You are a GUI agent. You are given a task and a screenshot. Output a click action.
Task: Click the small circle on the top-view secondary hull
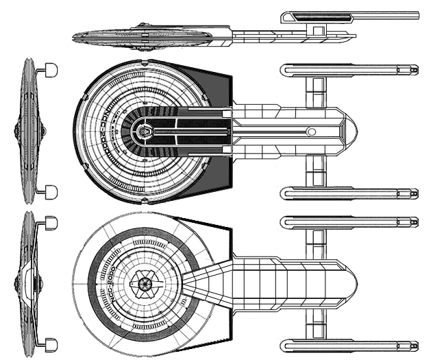310,132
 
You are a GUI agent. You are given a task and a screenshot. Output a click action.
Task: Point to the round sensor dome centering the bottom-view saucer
146,283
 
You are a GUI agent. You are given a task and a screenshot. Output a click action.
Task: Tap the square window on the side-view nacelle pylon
317,29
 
